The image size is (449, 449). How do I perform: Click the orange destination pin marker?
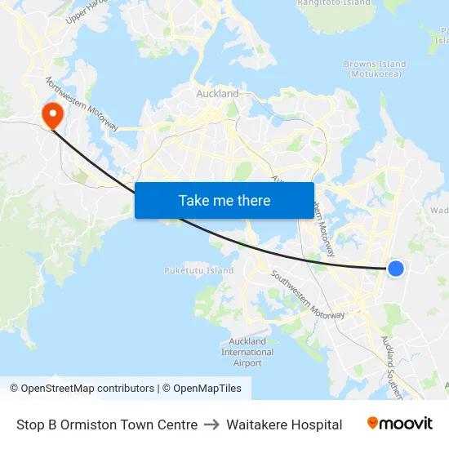pos(52,113)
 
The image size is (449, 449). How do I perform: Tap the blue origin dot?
pos(395,268)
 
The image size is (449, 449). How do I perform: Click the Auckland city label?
pos(218,94)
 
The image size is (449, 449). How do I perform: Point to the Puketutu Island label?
pos(198,270)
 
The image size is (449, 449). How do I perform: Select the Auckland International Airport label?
pos(247,352)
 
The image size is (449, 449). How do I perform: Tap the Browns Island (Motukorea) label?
pos(375,69)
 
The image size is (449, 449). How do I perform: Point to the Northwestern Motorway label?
pos(82,104)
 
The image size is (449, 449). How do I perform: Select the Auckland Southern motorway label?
pos(392,367)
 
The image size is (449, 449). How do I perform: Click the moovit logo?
pos(399,424)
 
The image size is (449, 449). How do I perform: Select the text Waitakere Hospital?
pos(284,425)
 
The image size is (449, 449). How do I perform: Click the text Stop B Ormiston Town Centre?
pos(107,425)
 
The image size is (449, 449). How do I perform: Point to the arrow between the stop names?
pos(212,425)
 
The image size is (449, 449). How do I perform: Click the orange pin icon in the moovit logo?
pos(373,423)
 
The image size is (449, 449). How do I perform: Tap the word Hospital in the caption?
pos(314,425)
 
